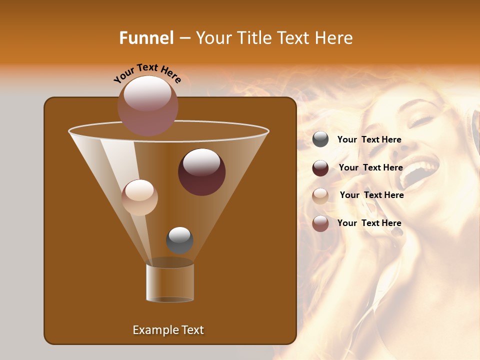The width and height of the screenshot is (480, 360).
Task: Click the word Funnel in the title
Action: click(x=146, y=38)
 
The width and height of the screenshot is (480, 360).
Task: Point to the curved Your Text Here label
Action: click(x=147, y=73)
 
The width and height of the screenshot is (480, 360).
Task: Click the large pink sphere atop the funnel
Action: click(x=147, y=105)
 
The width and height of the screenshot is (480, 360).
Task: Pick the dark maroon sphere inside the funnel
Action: click(x=201, y=171)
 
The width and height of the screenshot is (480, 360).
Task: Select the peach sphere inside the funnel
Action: click(x=139, y=197)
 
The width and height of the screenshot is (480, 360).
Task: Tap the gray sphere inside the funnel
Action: click(x=179, y=239)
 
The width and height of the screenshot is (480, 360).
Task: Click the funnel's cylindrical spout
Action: click(x=170, y=282)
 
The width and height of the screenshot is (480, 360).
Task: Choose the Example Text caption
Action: click(x=168, y=330)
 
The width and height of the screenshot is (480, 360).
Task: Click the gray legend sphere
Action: click(x=320, y=139)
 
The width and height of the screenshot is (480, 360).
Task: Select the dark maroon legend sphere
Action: click(x=320, y=168)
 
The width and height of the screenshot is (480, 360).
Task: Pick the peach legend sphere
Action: click(x=320, y=195)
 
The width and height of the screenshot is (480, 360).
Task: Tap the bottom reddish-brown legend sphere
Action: click(x=320, y=223)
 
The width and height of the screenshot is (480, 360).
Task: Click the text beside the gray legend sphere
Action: click(x=369, y=140)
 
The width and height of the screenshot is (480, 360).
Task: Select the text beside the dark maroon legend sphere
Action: click(x=370, y=167)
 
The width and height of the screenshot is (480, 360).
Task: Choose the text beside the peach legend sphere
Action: click(x=371, y=195)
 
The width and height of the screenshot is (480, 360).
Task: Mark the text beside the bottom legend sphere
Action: click(x=369, y=223)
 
